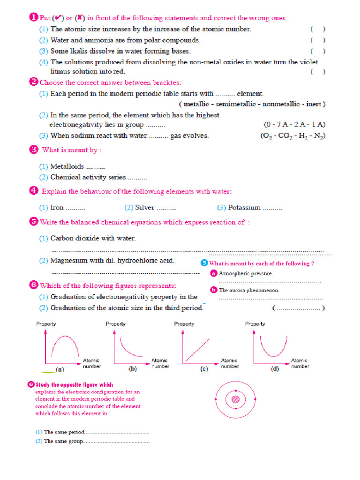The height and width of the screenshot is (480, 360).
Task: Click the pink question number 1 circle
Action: pyautogui.click(x=33, y=17)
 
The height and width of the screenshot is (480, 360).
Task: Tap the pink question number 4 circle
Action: pyautogui.click(x=33, y=190)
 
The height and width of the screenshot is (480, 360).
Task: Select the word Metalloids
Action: pyautogui.click(x=67, y=166)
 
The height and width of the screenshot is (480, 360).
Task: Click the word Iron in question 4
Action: pyautogui.click(x=57, y=208)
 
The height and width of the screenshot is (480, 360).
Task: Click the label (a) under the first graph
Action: pyautogui.click(x=60, y=369)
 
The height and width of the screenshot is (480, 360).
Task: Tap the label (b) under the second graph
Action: pyautogui.click(x=133, y=369)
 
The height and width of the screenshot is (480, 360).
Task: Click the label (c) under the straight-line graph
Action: pyautogui.click(x=204, y=369)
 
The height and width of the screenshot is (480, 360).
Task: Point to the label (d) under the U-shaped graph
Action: pyautogui.click(x=275, y=369)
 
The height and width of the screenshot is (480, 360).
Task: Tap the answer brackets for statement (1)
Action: pyautogui.click(x=318, y=29)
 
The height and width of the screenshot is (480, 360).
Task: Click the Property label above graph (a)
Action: pyautogui.click(x=46, y=324)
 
